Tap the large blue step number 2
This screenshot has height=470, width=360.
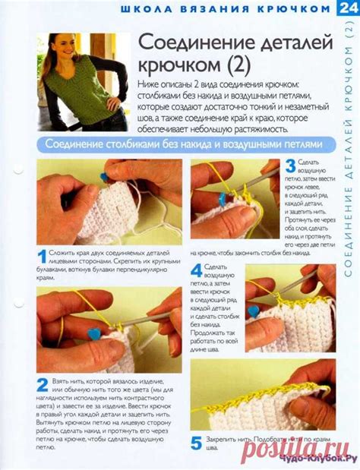(42, 386)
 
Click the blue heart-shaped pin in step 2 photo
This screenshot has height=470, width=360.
(94, 333)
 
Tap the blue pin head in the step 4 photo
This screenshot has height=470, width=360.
(253, 311)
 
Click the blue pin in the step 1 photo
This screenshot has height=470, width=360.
(104, 177)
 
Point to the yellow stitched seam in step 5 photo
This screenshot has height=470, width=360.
(258, 394)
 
